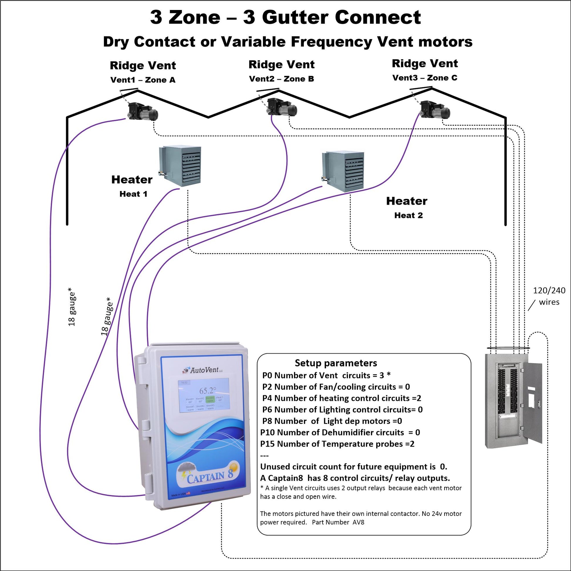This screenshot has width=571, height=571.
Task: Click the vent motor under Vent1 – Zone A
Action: (x=142, y=111)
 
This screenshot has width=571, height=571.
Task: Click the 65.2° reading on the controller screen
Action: (x=207, y=391)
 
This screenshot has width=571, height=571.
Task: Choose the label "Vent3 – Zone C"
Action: (x=425, y=78)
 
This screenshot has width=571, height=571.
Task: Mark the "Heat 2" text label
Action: (x=408, y=215)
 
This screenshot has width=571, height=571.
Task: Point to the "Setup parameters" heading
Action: (x=336, y=363)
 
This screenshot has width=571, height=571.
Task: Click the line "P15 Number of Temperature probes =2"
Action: (x=337, y=444)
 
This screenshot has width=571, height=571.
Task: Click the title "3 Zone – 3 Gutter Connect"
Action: (x=285, y=17)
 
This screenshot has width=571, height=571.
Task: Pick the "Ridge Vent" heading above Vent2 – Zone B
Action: (x=281, y=65)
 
